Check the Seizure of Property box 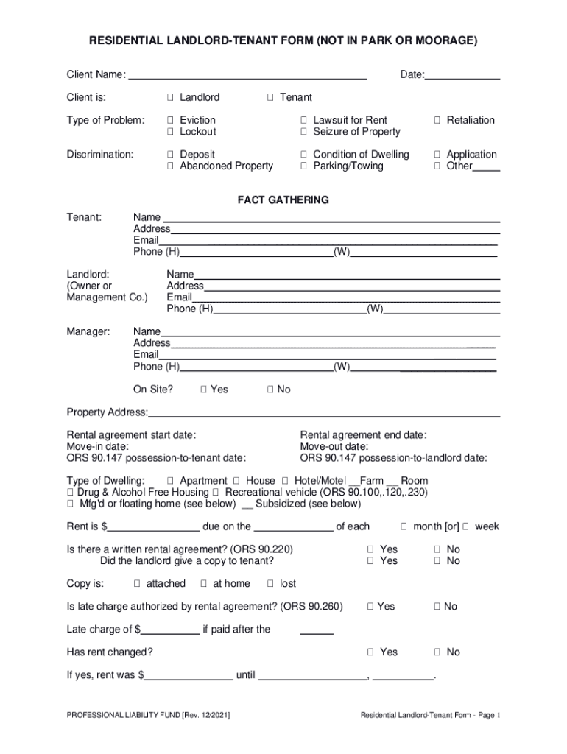coord(303,132)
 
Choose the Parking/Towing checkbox coord(303,166)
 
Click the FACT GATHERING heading coord(283,200)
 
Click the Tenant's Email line coord(328,240)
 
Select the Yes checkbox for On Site coord(204,390)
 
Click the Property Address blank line coord(324,412)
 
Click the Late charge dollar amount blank coord(170,630)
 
